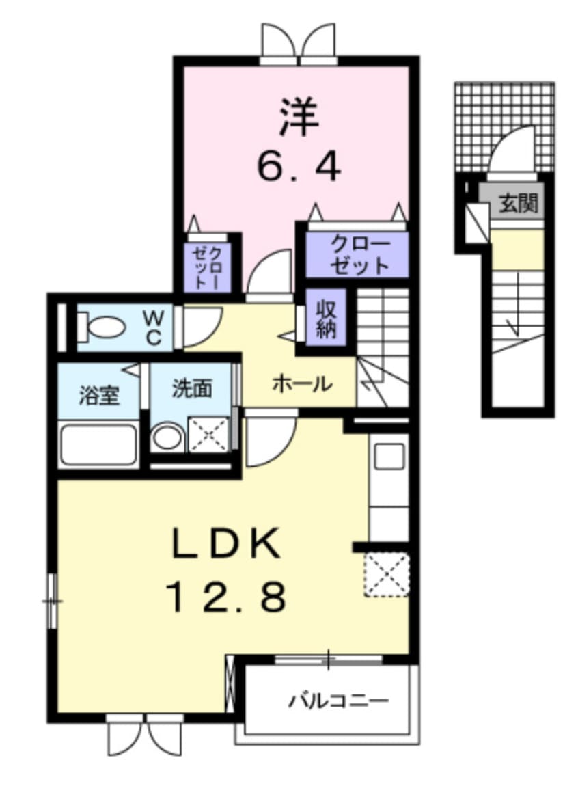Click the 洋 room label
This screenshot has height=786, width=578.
click(299, 117)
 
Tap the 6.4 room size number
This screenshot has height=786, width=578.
click(299, 165)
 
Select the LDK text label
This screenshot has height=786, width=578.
click(225, 544)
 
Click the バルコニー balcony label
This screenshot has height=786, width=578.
click(339, 700)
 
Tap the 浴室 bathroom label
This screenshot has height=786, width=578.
click(99, 395)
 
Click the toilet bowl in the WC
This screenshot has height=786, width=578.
click(102, 327)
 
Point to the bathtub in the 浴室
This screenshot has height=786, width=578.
click(98, 445)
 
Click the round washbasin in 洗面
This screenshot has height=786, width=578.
click(167, 438)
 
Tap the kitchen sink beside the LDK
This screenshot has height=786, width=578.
click(388, 456)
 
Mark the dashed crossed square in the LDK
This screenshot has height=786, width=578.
click(387, 574)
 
